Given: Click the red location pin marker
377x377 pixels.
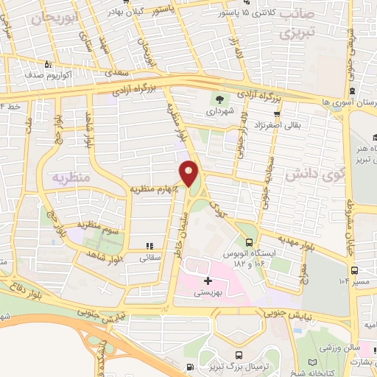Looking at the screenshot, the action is pos(190,173).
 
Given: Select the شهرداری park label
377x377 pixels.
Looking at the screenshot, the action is pos(219,113).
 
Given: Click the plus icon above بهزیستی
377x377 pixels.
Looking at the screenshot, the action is pos(208,280).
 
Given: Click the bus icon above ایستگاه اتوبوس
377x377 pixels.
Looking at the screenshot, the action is pos(249,241).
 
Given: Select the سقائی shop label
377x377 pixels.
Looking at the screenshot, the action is pos(149,258).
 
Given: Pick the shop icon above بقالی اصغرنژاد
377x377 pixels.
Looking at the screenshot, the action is pos(277,113).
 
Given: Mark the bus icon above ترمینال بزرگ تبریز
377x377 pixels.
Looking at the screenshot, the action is pos(190,367).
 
